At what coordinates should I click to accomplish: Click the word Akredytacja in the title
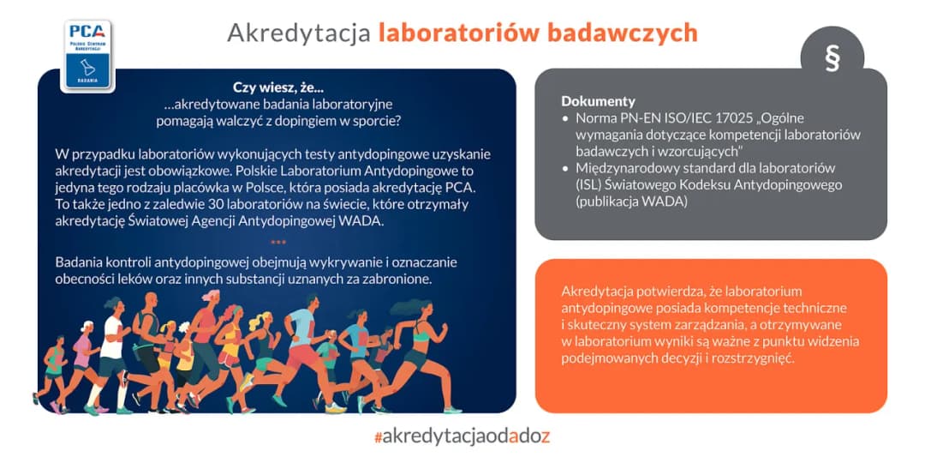click(x=298, y=33)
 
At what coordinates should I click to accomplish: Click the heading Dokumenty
click(x=598, y=101)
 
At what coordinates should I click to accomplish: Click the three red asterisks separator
click(x=278, y=243)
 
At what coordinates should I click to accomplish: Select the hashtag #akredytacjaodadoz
click(x=462, y=436)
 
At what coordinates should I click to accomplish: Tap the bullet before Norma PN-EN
click(x=565, y=118)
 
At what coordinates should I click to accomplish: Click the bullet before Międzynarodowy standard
click(x=565, y=168)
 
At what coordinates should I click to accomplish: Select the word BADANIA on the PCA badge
click(x=88, y=80)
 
